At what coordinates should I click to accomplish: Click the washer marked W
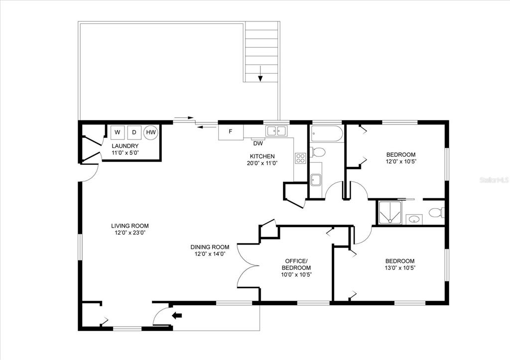tap(118, 132)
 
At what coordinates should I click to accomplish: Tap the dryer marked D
tap(134, 132)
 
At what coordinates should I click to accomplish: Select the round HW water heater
tap(151, 132)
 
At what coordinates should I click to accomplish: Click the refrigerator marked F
tap(231, 132)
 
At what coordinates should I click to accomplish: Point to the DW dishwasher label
tap(258, 143)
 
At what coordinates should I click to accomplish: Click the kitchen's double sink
tap(277, 131)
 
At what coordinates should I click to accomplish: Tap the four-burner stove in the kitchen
tap(300, 158)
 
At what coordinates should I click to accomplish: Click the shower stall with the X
tap(389, 213)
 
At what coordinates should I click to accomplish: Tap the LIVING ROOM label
tap(130, 226)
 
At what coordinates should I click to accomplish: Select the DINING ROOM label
tap(210, 247)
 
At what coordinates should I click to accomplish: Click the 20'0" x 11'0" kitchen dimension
tap(262, 163)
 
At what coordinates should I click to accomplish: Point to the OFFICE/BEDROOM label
tap(296, 264)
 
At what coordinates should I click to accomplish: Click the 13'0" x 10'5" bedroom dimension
tap(400, 268)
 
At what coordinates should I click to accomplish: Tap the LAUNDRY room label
tap(125, 146)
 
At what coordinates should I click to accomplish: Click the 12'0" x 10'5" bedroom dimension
tap(401, 162)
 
